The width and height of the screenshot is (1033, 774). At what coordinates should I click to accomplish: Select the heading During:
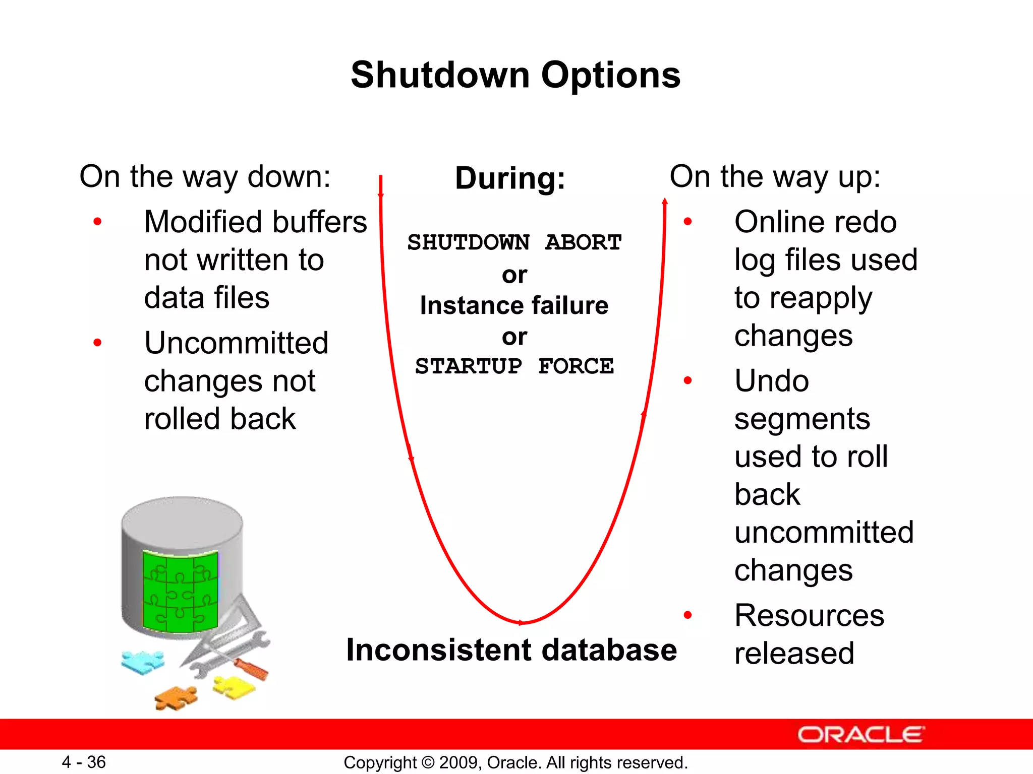point(510,178)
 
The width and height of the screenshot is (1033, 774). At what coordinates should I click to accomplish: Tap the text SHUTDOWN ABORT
point(514,242)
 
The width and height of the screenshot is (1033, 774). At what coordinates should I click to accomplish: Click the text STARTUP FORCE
point(514,366)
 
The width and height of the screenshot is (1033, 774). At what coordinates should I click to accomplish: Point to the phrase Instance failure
point(514,305)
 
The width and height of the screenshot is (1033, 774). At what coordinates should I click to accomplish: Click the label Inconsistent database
point(511,650)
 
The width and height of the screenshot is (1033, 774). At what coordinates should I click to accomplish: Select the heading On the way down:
point(205,177)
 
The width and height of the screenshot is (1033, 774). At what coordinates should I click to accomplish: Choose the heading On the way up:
point(774,177)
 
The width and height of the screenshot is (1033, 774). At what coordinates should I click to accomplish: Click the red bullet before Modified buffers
point(98,221)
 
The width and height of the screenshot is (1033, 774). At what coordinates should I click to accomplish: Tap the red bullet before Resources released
point(687,615)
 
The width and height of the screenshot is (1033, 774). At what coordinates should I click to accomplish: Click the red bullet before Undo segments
point(687,380)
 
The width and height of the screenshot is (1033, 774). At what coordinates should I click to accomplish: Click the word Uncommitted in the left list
point(236,343)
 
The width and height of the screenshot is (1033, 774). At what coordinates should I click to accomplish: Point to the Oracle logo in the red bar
point(860,735)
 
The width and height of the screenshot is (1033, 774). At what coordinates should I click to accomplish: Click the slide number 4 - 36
point(84,762)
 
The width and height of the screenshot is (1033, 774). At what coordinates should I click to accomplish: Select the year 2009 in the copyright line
point(460,762)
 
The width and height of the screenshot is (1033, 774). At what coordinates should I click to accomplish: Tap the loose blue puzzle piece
point(142,662)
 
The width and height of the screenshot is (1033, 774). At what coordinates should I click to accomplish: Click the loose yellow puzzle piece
point(234,687)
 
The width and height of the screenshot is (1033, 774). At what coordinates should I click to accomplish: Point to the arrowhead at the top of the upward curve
point(665,202)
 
